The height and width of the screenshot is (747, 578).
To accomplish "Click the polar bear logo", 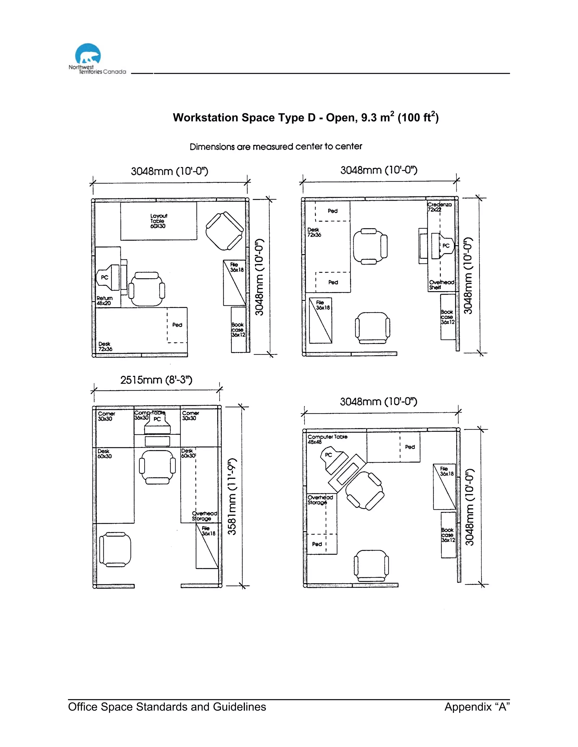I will pyautogui.click(x=88, y=54).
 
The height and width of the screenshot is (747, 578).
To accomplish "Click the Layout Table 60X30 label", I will pyautogui.click(x=158, y=221).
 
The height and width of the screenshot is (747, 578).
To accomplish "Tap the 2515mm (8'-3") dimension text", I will pyautogui.click(x=156, y=380).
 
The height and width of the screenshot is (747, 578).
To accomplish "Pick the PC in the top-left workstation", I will pyautogui.click(x=105, y=277).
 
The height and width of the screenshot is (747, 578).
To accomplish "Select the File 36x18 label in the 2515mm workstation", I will pyautogui.click(x=208, y=531).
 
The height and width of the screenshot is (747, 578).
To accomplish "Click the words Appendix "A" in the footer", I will pyautogui.click(x=477, y=707).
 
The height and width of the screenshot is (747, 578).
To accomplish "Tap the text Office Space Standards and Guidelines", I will pyautogui.click(x=167, y=707).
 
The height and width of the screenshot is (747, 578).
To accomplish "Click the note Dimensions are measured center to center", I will pyautogui.click(x=276, y=147).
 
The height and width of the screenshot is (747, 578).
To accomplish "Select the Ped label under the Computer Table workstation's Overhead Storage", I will pyautogui.click(x=317, y=544).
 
